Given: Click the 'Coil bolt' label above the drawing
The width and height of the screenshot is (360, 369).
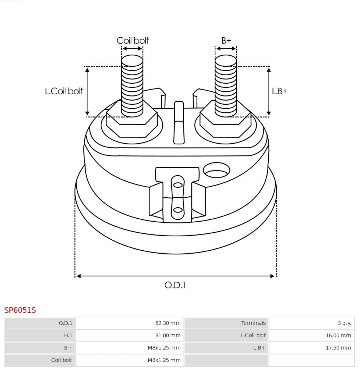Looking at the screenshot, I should pos(132,40).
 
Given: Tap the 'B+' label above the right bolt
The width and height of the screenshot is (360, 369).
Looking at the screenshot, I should pos(226,40).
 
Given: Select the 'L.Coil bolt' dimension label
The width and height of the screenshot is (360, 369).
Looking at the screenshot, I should pos(64,91).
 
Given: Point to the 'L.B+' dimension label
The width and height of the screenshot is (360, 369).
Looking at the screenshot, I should pos(280,91).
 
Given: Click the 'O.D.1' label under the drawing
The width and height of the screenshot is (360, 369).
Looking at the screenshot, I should pos(175,285).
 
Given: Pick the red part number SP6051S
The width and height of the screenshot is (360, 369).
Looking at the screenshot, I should pos(20,310).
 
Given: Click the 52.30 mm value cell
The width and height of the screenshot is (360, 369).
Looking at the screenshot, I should pos(168,323).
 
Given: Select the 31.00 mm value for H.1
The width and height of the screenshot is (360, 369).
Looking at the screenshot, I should pos(168,335).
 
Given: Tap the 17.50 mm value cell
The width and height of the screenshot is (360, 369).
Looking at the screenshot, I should pos(338,348).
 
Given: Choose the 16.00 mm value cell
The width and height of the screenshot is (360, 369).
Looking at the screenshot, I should pos(338,335).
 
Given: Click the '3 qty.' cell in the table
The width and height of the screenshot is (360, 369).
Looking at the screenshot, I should pos(344,323).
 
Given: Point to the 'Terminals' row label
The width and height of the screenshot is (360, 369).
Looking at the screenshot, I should pos(253,323).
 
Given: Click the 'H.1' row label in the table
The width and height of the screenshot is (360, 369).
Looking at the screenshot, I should pos(68,335).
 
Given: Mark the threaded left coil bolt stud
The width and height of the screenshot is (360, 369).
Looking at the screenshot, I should pos(132,85).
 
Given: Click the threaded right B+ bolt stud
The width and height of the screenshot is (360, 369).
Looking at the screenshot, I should pos(226,85).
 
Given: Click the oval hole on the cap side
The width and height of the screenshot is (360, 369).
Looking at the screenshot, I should pos(216,171).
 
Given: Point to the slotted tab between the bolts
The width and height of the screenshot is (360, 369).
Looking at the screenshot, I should pos(179,123).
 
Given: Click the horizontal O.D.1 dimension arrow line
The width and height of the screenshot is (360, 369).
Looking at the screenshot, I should pos(175,276).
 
